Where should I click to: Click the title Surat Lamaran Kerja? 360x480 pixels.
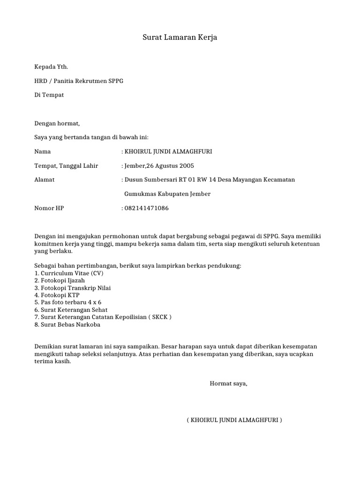click(x=180, y=37)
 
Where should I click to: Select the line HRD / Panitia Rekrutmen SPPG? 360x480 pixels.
click(x=79, y=81)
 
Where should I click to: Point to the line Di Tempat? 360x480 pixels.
click(x=49, y=95)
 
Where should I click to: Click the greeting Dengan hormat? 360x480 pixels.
click(x=57, y=124)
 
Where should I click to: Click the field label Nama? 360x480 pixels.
click(x=43, y=152)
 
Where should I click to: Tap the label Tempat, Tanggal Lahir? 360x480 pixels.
click(x=66, y=166)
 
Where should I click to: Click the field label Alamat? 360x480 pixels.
click(x=45, y=180)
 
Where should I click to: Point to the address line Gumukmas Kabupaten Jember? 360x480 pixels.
click(x=167, y=194)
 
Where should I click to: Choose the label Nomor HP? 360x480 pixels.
click(x=49, y=208)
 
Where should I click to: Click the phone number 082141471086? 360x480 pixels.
click(x=146, y=208)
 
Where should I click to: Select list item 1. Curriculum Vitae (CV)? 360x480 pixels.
click(x=68, y=273)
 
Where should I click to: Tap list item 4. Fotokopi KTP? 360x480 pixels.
click(x=57, y=295)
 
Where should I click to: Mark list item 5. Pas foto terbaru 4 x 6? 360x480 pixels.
click(x=68, y=303)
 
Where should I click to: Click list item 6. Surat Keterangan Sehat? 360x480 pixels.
click(x=71, y=310)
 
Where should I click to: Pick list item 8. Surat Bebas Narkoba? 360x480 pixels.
click(x=67, y=325)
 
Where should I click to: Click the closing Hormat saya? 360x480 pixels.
click(x=228, y=384)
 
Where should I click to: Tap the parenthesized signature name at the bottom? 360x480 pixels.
click(x=234, y=420)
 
